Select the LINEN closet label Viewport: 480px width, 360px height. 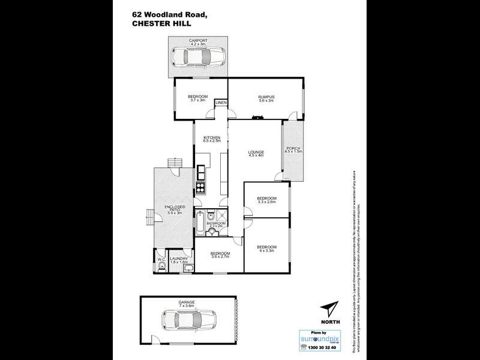pos(221,103)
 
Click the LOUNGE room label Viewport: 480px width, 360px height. pos(256,152)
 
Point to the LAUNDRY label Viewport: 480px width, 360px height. pos(179,259)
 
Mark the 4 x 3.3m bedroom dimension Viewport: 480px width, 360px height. pos(266,251)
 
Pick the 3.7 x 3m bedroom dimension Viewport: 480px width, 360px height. pos(197,100)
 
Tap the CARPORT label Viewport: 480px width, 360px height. pos(197,40)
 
